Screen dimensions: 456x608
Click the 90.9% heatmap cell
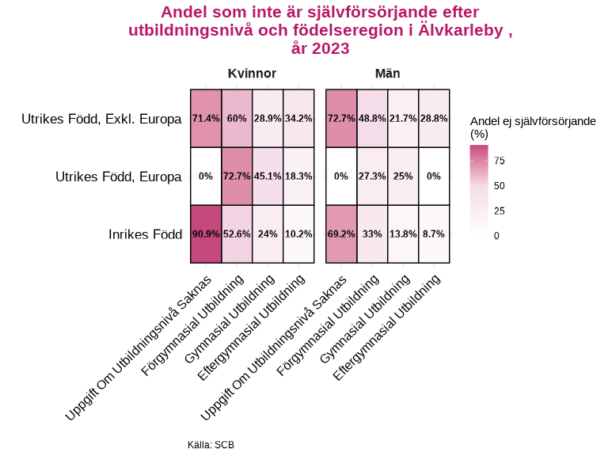click(206, 234)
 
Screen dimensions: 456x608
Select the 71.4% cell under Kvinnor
click(206, 118)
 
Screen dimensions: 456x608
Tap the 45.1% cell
click(268, 176)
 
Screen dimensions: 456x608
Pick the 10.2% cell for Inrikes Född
click(298, 234)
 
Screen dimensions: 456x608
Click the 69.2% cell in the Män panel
click(341, 234)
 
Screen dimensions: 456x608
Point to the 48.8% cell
click(372, 118)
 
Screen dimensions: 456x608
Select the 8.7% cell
click(434, 234)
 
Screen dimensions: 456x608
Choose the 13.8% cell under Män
click(403, 234)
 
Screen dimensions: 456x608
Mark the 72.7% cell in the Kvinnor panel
click(237, 176)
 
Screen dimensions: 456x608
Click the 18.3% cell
click(298, 176)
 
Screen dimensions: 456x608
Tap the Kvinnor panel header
click(252, 74)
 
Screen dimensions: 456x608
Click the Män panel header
click(387, 74)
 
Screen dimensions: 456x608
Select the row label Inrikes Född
click(145, 234)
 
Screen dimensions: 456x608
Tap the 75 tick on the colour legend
click(499, 161)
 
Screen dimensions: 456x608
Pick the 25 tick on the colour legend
click(499, 211)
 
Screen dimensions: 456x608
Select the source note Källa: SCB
click(211, 445)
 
